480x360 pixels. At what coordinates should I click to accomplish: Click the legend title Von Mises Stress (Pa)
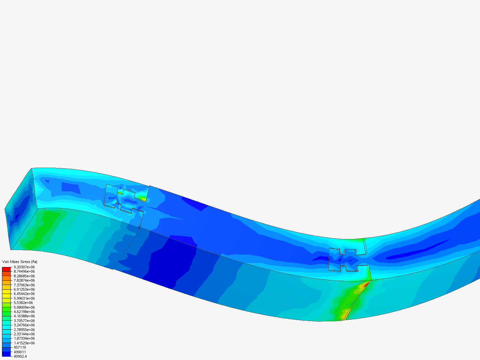[x=20, y=262]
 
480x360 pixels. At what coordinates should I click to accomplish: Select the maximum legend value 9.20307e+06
[x=24, y=267]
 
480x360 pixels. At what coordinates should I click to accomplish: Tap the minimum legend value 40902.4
[x=20, y=356]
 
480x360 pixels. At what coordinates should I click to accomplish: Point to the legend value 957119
[x=20, y=347]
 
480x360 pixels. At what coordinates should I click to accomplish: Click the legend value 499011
[x=20, y=352]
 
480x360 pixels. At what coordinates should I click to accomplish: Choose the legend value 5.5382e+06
[x=23, y=303]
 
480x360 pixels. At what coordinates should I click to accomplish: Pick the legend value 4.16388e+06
[x=24, y=316]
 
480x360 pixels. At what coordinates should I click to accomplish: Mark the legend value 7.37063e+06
[x=24, y=285]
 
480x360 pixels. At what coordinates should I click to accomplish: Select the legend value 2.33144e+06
[x=24, y=334]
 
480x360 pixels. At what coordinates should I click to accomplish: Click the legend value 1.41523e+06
[x=24, y=343]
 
